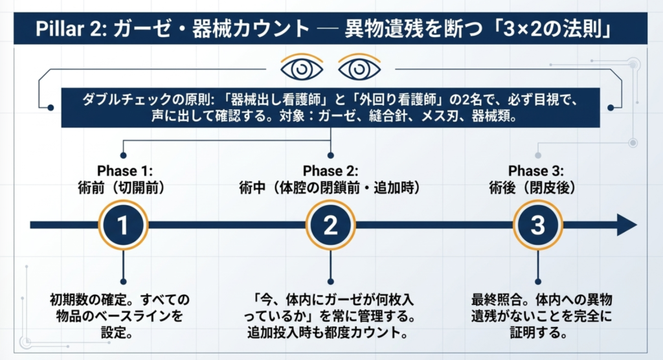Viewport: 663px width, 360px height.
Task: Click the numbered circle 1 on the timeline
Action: [x=123, y=225]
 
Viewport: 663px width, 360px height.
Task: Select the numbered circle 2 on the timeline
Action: [x=330, y=225]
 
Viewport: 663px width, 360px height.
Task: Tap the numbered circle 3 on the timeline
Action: [x=537, y=225]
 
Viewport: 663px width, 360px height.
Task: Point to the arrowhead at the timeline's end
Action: [x=627, y=225]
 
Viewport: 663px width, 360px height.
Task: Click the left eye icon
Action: [x=302, y=68]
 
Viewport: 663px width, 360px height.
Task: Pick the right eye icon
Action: [x=359, y=68]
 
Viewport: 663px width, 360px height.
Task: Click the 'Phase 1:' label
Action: [x=125, y=171]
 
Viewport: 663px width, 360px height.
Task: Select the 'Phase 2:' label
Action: [x=330, y=171]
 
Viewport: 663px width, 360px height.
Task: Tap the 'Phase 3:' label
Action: [x=535, y=171]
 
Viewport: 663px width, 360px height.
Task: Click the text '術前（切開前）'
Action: [x=121, y=188]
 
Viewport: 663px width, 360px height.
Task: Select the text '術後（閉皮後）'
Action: [x=532, y=188]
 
